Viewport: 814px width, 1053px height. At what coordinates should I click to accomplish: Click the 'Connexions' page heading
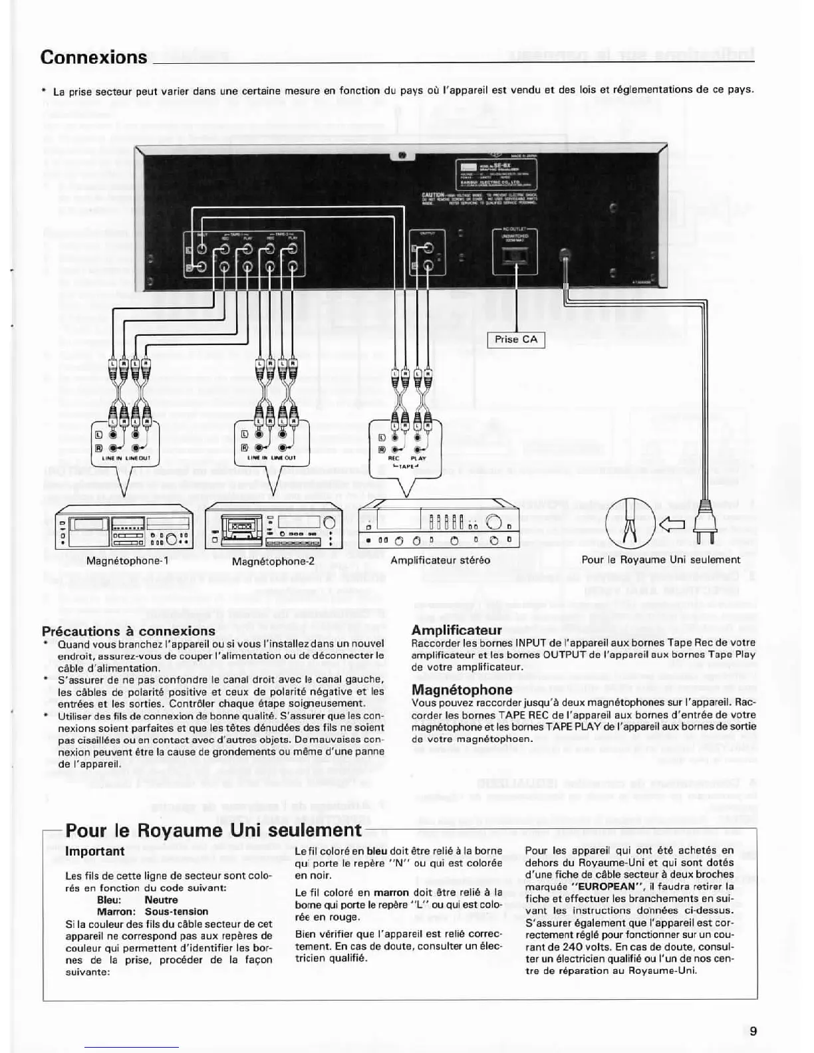coord(94,57)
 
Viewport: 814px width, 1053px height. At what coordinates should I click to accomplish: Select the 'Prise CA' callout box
coord(516,340)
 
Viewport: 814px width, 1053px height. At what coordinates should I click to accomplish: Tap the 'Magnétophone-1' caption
coord(128,560)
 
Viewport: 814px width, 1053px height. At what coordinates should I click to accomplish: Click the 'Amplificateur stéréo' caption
coord(440,560)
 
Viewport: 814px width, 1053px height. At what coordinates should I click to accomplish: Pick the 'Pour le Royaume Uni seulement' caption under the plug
coord(660,560)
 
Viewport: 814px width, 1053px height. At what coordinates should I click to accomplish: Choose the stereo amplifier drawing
coord(440,527)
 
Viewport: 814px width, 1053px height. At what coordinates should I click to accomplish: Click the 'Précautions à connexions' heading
coord(128,631)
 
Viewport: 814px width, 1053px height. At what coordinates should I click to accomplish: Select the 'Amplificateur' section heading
coord(457,630)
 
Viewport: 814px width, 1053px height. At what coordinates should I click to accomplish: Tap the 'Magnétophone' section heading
coord(462,690)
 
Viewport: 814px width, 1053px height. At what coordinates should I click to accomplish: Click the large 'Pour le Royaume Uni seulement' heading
coord(213,830)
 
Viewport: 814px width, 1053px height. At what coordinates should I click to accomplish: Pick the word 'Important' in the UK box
coord(95,852)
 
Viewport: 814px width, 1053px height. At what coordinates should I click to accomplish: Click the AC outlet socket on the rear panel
coord(515,255)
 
